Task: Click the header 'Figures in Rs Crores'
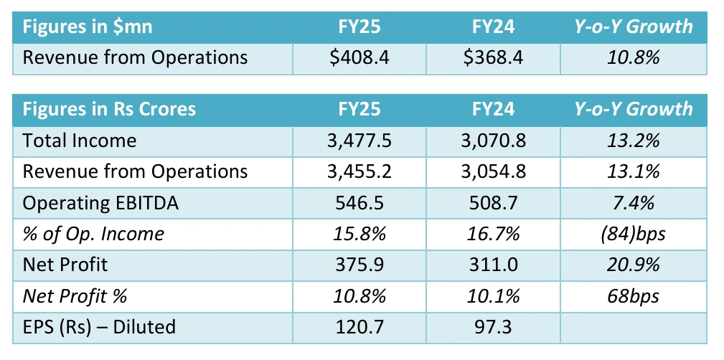pyautogui.click(x=109, y=109)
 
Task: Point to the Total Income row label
pyautogui.click(x=79, y=140)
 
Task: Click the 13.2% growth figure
pyautogui.click(x=632, y=140)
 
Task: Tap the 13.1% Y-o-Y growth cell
pyautogui.click(x=632, y=171)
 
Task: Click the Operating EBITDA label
pyautogui.click(x=100, y=203)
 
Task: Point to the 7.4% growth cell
pyautogui.click(x=632, y=203)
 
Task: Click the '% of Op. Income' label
pyautogui.click(x=93, y=234)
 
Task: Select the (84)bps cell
pyautogui.click(x=632, y=234)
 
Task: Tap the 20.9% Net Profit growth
pyautogui.click(x=632, y=265)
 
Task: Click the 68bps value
pyautogui.click(x=632, y=296)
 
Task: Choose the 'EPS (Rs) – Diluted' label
pyautogui.click(x=99, y=327)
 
